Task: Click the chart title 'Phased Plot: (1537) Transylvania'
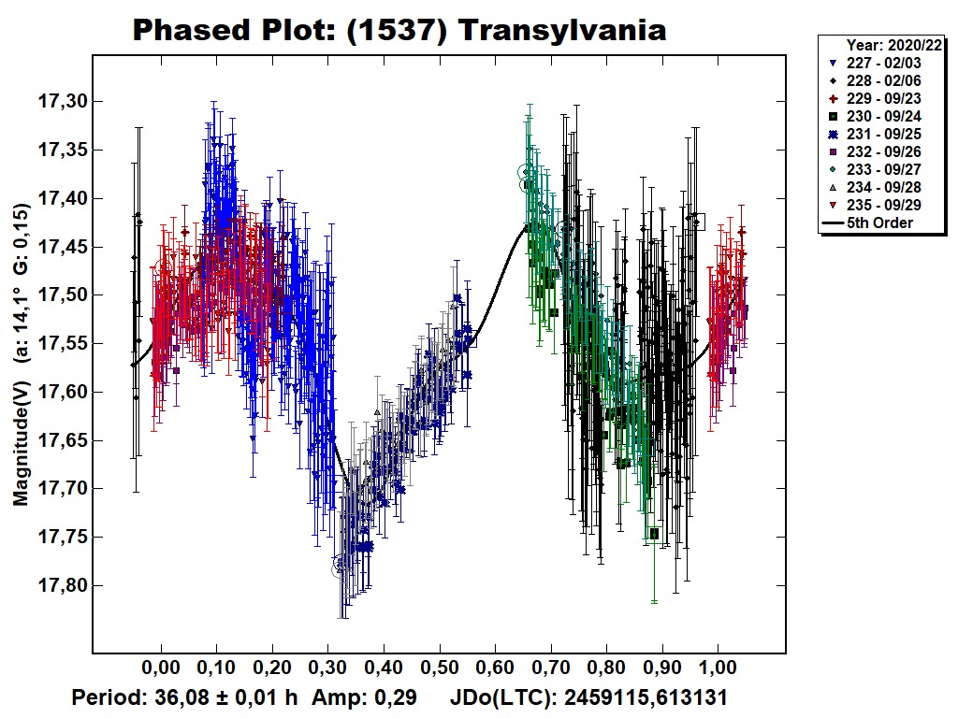tap(399, 30)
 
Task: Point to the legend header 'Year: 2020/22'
tap(894, 44)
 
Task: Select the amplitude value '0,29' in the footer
tap(396, 697)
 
